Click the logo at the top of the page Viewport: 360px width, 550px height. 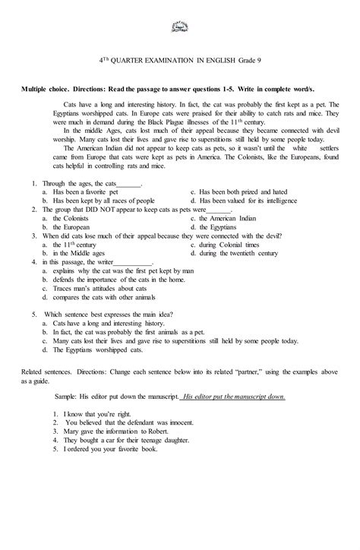(x=180, y=27)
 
